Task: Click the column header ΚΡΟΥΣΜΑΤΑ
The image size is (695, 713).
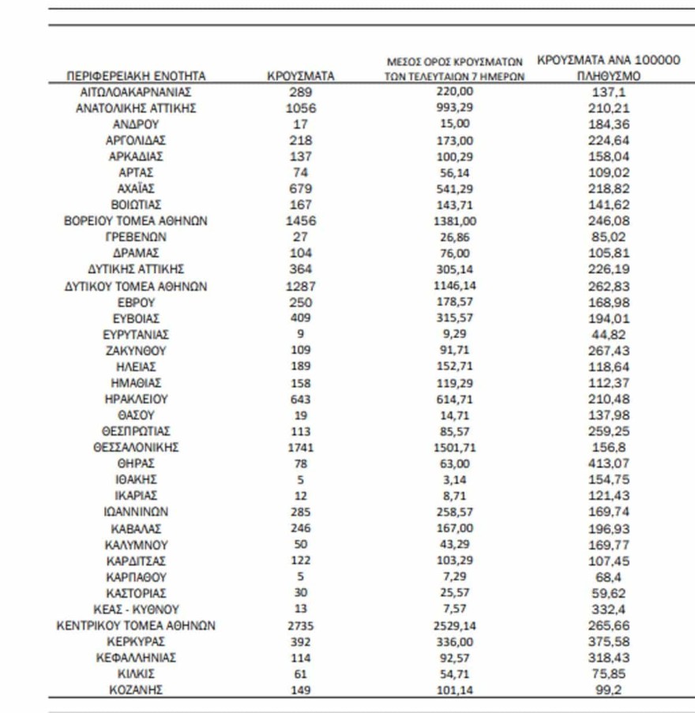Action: [300, 77]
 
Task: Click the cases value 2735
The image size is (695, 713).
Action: [300, 626]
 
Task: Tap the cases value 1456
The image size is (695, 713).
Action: [300, 221]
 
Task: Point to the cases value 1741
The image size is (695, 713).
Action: [300, 448]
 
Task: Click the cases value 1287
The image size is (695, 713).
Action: [300, 287]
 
